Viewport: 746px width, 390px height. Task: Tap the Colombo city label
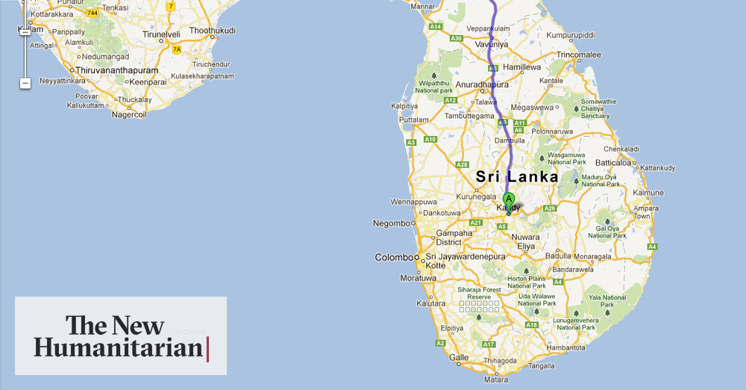pos(393,258)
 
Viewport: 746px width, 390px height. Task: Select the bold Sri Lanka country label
pos(517,177)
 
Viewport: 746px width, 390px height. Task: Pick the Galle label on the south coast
pos(459,358)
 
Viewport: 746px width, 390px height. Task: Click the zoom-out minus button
pos(25,83)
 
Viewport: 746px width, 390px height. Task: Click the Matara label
pos(495,380)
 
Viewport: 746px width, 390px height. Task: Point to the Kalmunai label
pos(648,192)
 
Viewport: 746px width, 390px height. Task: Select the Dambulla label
pos(510,140)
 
